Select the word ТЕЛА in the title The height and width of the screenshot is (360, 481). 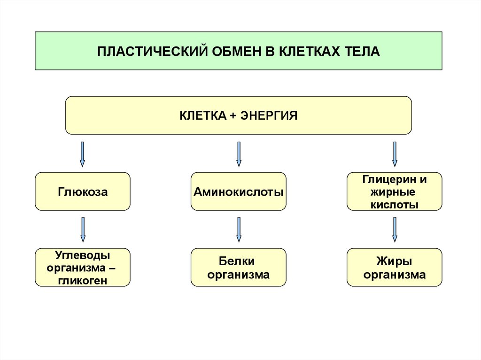click(362, 51)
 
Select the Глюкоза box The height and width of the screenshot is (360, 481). click(83, 191)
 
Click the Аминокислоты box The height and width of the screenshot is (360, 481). click(239, 191)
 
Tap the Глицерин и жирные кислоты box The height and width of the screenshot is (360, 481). click(394, 191)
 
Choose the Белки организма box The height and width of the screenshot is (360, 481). click(239, 268)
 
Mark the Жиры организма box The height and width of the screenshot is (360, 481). click(394, 268)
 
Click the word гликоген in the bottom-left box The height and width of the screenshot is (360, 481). click(83, 281)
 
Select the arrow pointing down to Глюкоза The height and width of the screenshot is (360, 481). click(83, 154)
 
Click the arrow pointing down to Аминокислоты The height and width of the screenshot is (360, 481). click(239, 154)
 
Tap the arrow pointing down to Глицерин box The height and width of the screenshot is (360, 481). click(395, 154)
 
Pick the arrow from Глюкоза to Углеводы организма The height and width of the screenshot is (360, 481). click(83, 230)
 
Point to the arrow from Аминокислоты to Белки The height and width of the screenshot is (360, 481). click(239, 230)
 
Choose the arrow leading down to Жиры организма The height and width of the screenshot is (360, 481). click(395, 230)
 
